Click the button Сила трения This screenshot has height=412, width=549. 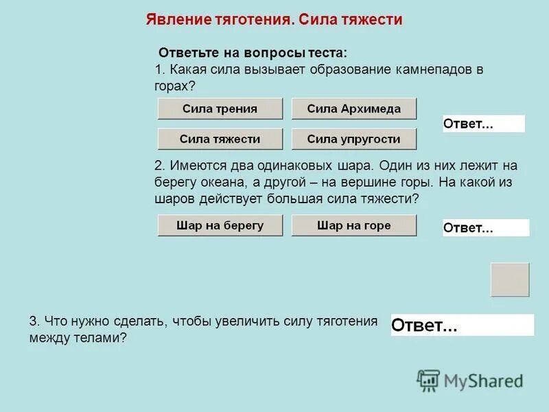pyautogui.click(x=220, y=108)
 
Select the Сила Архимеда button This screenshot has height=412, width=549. pyautogui.click(x=354, y=108)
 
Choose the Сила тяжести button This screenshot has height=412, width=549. pyautogui.click(x=220, y=139)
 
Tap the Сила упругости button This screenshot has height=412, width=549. pyautogui.click(x=354, y=139)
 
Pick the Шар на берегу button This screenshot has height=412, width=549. pyautogui.click(x=220, y=225)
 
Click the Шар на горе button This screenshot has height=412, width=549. pyautogui.click(x=354, y=225)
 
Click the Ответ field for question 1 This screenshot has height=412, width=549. pyautogui.click(x=484, y=124)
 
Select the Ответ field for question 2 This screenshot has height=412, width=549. pyautogui.click(x=486, y=228)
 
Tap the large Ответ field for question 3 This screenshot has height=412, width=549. pyautogui.click(x=462, y=325)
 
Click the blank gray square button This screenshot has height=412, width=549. pyautogui.click(x=510, y=279)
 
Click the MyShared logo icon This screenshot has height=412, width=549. pyautogui.click(x=428, y=379)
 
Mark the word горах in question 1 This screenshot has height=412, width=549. pyautogui.click(x=172, y=87)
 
